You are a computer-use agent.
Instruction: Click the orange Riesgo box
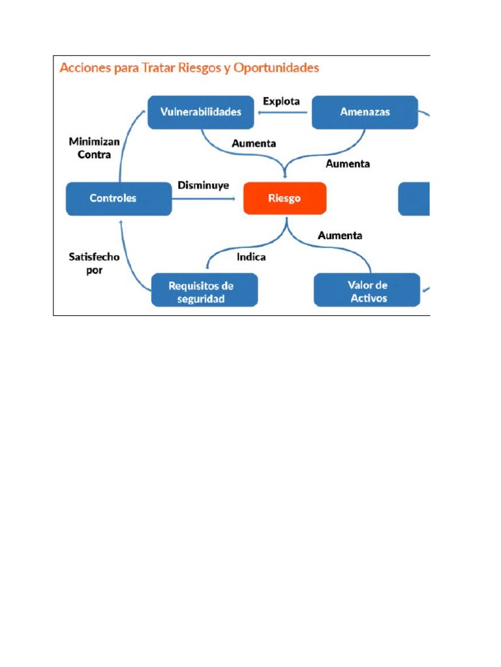284,198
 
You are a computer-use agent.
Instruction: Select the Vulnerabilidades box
201,112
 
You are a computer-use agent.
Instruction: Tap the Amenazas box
365,112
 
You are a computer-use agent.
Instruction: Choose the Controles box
119,198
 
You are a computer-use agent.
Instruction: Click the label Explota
281,101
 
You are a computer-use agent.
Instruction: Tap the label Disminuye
204,185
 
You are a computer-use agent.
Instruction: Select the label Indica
250,257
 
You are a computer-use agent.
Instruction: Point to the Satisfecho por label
94,263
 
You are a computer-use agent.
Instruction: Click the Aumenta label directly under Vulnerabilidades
254,143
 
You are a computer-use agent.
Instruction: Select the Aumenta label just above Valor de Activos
340,235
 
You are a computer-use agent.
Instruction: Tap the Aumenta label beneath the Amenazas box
348,163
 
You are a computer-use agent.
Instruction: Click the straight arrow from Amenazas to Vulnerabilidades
284,113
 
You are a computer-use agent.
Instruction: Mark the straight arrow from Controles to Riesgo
205,198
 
